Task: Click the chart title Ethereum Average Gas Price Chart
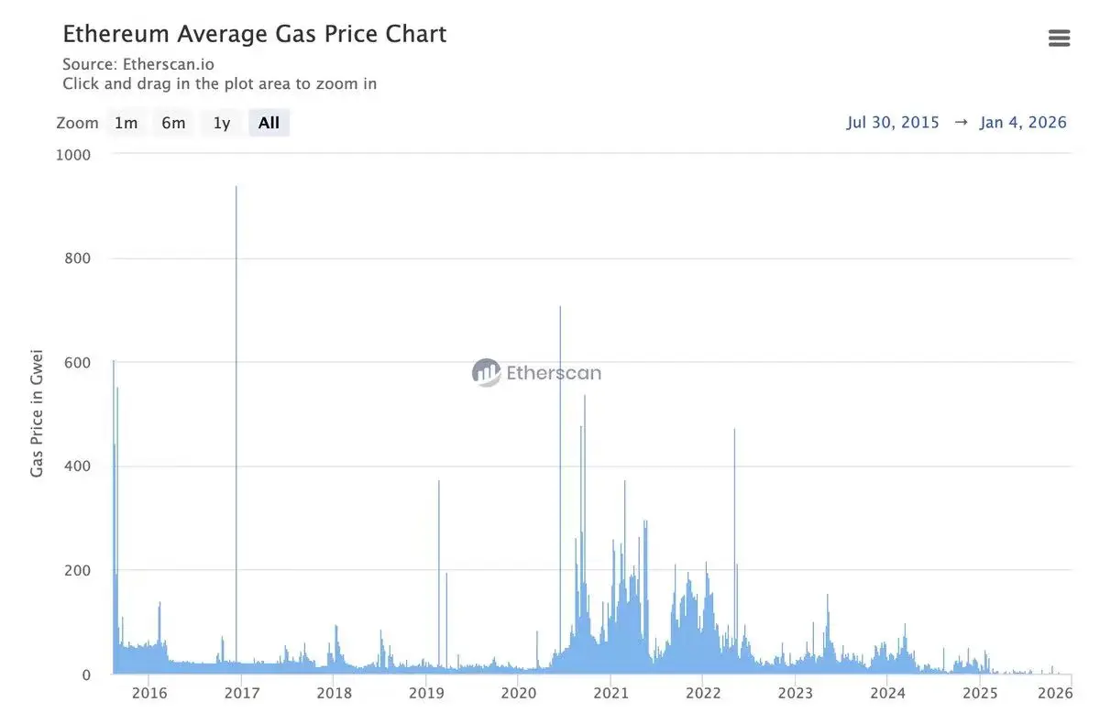coord(254,35)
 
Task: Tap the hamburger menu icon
coord(1059,38)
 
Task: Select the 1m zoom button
coord(126,123)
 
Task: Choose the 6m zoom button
coord(173,123)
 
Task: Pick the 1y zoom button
coord(222,123)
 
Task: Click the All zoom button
coord(269,123)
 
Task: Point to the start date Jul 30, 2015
coord(893,123)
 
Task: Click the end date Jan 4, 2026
coord(1023,123)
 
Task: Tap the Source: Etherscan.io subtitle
coord(138,64)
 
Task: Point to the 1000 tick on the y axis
coord(73,155)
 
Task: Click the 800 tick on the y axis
coord(77,258)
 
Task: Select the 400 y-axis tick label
coord(77,466)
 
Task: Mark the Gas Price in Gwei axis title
coord(38,411)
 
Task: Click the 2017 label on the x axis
coord(242,693)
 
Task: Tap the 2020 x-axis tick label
coord(518,693)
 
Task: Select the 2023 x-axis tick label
coord(795,693)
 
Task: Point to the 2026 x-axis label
coord(1055,693)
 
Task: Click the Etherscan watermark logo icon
coord(486,372)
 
